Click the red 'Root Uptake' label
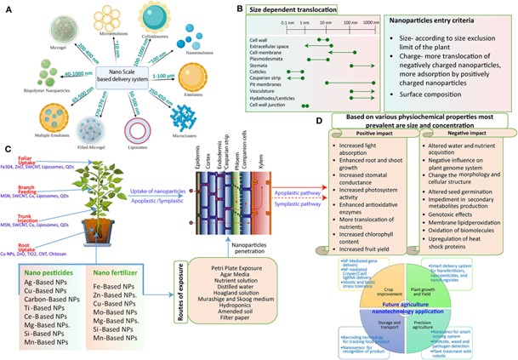click(x=13, y=241)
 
